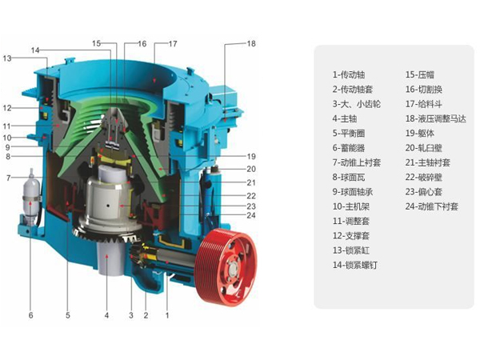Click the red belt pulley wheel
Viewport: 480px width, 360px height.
coord(226,267)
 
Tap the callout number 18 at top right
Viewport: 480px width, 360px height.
coord(251,44)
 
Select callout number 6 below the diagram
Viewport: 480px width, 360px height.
coord(30,315)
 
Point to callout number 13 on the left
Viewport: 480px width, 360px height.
coord(7,58)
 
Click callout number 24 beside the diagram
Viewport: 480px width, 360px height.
coord(251,215)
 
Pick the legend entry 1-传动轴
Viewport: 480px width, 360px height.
coord(349,74)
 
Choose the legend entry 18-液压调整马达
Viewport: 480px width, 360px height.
coord(436,118)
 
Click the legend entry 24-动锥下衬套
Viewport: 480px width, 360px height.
coord(432,206)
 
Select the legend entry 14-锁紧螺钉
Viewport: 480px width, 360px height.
coord(355,265)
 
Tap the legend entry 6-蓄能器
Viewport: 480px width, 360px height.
coord(349,148)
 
